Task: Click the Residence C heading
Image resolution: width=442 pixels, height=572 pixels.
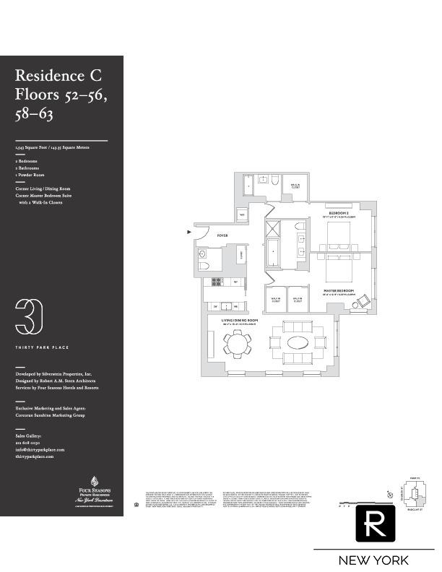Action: [58, 76]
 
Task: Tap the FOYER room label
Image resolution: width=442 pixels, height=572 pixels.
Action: [222, 235]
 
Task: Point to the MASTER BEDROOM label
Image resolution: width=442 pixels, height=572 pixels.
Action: [339, 292]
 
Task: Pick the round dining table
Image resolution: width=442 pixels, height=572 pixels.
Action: [236, 342]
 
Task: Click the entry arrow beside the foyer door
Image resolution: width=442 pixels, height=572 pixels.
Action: [190, 232]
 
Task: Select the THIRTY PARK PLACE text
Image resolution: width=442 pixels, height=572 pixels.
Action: [42, 347]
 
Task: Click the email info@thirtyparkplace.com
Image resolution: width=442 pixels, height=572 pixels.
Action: [40, 449]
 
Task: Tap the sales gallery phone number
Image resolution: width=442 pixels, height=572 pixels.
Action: [30, 443]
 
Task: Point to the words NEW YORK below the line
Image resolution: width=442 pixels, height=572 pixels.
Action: [373, 560]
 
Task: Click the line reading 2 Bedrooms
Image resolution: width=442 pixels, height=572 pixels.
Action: [26, 161]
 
